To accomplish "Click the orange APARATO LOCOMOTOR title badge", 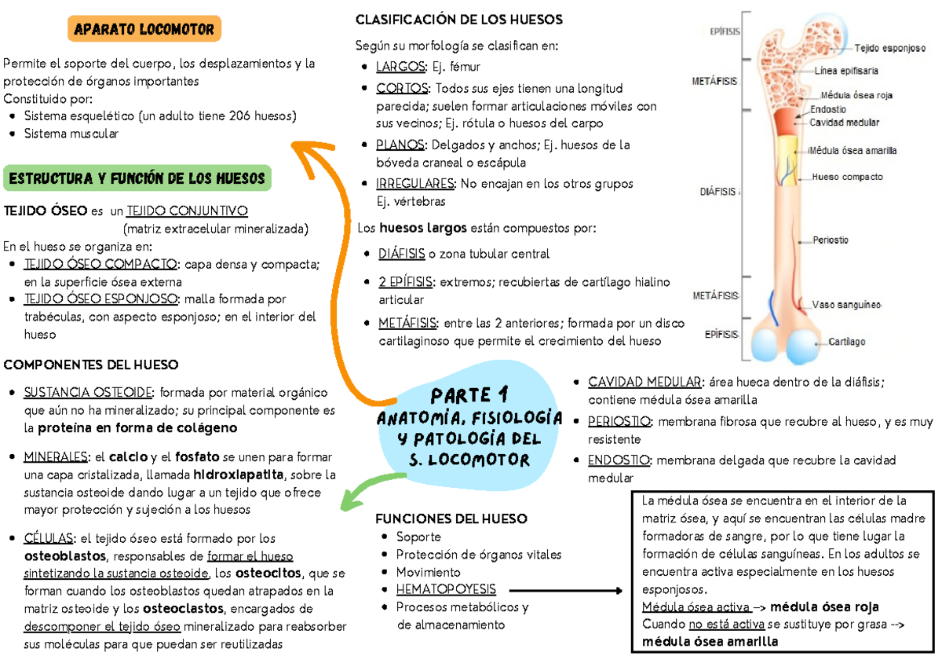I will point(144,30).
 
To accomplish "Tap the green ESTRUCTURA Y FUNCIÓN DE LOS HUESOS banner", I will point(137,178).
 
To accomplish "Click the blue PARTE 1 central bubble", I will point(469,427).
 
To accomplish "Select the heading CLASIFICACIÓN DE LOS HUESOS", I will point(459,20).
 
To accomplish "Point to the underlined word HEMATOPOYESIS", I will point(446,589).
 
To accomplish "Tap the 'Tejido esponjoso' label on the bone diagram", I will point(889,47).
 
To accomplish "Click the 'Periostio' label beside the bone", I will point(831,240).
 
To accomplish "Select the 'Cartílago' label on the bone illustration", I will point(847,342).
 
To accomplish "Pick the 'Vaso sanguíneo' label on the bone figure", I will point(846,305).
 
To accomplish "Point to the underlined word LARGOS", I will point(400,67).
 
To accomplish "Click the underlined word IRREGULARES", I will point(415,183).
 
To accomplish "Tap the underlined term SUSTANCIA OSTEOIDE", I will point(89,393).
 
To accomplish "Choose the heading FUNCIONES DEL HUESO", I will point(451,519).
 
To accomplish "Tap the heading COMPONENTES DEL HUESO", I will point(91,365).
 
